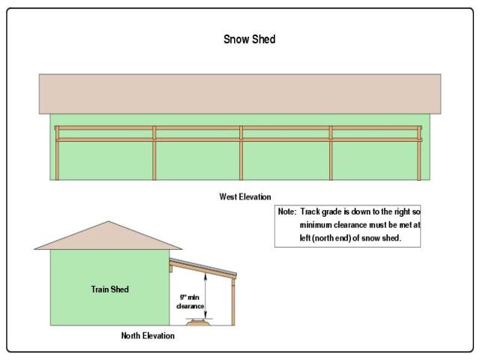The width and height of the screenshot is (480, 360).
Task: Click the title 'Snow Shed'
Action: click(x=249, y=39)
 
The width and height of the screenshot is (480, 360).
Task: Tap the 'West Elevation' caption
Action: click(x=240, y=197)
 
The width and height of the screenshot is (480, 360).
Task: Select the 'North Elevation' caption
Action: click(x=148, y=335)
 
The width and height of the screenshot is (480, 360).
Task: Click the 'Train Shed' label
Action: click(x=109, y=289)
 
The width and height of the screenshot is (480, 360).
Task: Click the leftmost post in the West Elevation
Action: click(x=57, y=154)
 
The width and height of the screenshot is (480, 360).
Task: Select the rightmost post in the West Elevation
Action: click(x=419, y=154)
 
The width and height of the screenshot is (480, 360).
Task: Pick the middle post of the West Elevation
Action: click(x=241, y=154)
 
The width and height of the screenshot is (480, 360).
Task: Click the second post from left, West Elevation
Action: click(x=154, y=154)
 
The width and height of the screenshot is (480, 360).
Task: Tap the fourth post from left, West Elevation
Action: click(x=331, y=154)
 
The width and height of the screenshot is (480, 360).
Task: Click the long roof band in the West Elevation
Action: click(x=240, y=93)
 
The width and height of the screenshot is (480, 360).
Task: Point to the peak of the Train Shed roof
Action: click(x=109, y=223)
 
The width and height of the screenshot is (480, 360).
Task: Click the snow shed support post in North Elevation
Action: click(x=232, y=300)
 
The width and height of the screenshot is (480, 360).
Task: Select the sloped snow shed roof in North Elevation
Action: click(x=204, y=265)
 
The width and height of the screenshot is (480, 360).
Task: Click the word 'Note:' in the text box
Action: click(x=287, y=212)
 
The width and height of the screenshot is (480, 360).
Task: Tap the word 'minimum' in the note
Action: click(x=317, y=226)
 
